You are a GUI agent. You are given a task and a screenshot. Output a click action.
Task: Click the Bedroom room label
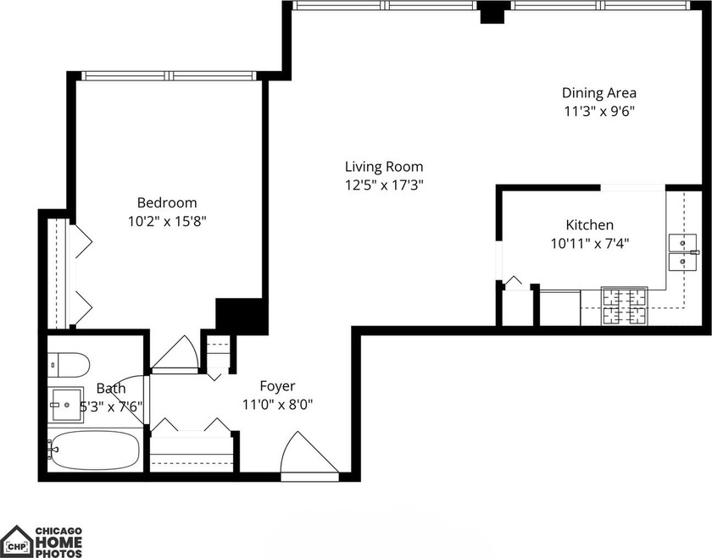click(x=167, y=203)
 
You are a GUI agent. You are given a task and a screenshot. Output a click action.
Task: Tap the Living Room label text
click(x=384, y=167)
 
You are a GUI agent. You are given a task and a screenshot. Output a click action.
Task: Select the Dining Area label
click(x=599, y=93)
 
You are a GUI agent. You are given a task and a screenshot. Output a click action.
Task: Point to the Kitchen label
click(x=589, y=225)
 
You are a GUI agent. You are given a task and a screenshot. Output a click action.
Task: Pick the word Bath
click(x=111, y=389)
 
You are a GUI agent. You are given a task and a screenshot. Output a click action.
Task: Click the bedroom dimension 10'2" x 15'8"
click(x=167, y=222)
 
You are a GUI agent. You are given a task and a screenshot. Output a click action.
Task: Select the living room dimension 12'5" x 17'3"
click(x=384, y=185)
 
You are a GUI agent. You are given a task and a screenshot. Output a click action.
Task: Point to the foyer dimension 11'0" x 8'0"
click(x=277, y=404)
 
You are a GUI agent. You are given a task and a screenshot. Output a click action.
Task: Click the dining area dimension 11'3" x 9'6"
click(x=599, y=111)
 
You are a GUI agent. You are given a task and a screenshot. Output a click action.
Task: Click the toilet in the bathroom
click(x=68, y=364)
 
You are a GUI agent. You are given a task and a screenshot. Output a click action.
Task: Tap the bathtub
click(x=93, y=450)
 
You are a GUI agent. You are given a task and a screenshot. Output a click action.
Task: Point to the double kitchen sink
click(x=681, y=252)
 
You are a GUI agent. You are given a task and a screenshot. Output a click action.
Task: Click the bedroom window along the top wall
click(x=170, y=76)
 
